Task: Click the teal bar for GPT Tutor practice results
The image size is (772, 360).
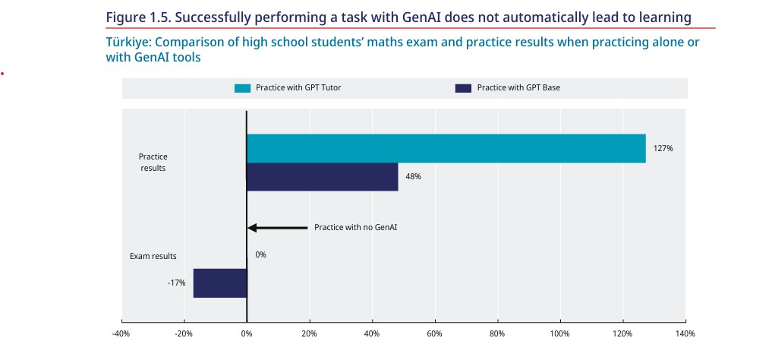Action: coord(446,148)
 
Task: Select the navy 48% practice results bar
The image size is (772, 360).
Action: coord(322,176)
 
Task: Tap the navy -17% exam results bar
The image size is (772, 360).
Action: coord(220,283)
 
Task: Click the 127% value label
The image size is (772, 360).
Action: coord(663,148)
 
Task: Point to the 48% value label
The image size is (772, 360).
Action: coord(413,176)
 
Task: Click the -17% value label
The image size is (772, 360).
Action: coord(176,283)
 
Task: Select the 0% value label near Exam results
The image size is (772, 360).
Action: coord(260,255)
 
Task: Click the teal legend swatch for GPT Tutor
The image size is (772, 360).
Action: coord(242,88)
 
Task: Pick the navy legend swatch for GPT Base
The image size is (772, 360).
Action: coord(463,88)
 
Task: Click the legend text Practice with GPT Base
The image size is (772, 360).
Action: coord(518,88)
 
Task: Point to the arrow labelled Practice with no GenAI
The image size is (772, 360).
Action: coord(277,227)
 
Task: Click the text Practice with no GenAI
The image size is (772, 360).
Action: coord(356,227)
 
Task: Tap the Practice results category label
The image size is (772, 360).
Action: coord(153,162)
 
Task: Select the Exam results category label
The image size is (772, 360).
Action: coord(153,256)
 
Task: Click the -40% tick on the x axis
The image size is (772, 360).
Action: coord(121,333)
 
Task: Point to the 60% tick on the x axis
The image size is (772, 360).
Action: coord(434,333)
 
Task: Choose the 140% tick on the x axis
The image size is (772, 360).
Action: coord(685,333)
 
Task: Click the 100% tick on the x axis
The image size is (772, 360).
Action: coord(559,333)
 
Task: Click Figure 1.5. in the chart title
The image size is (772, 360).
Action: coord(137,17)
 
